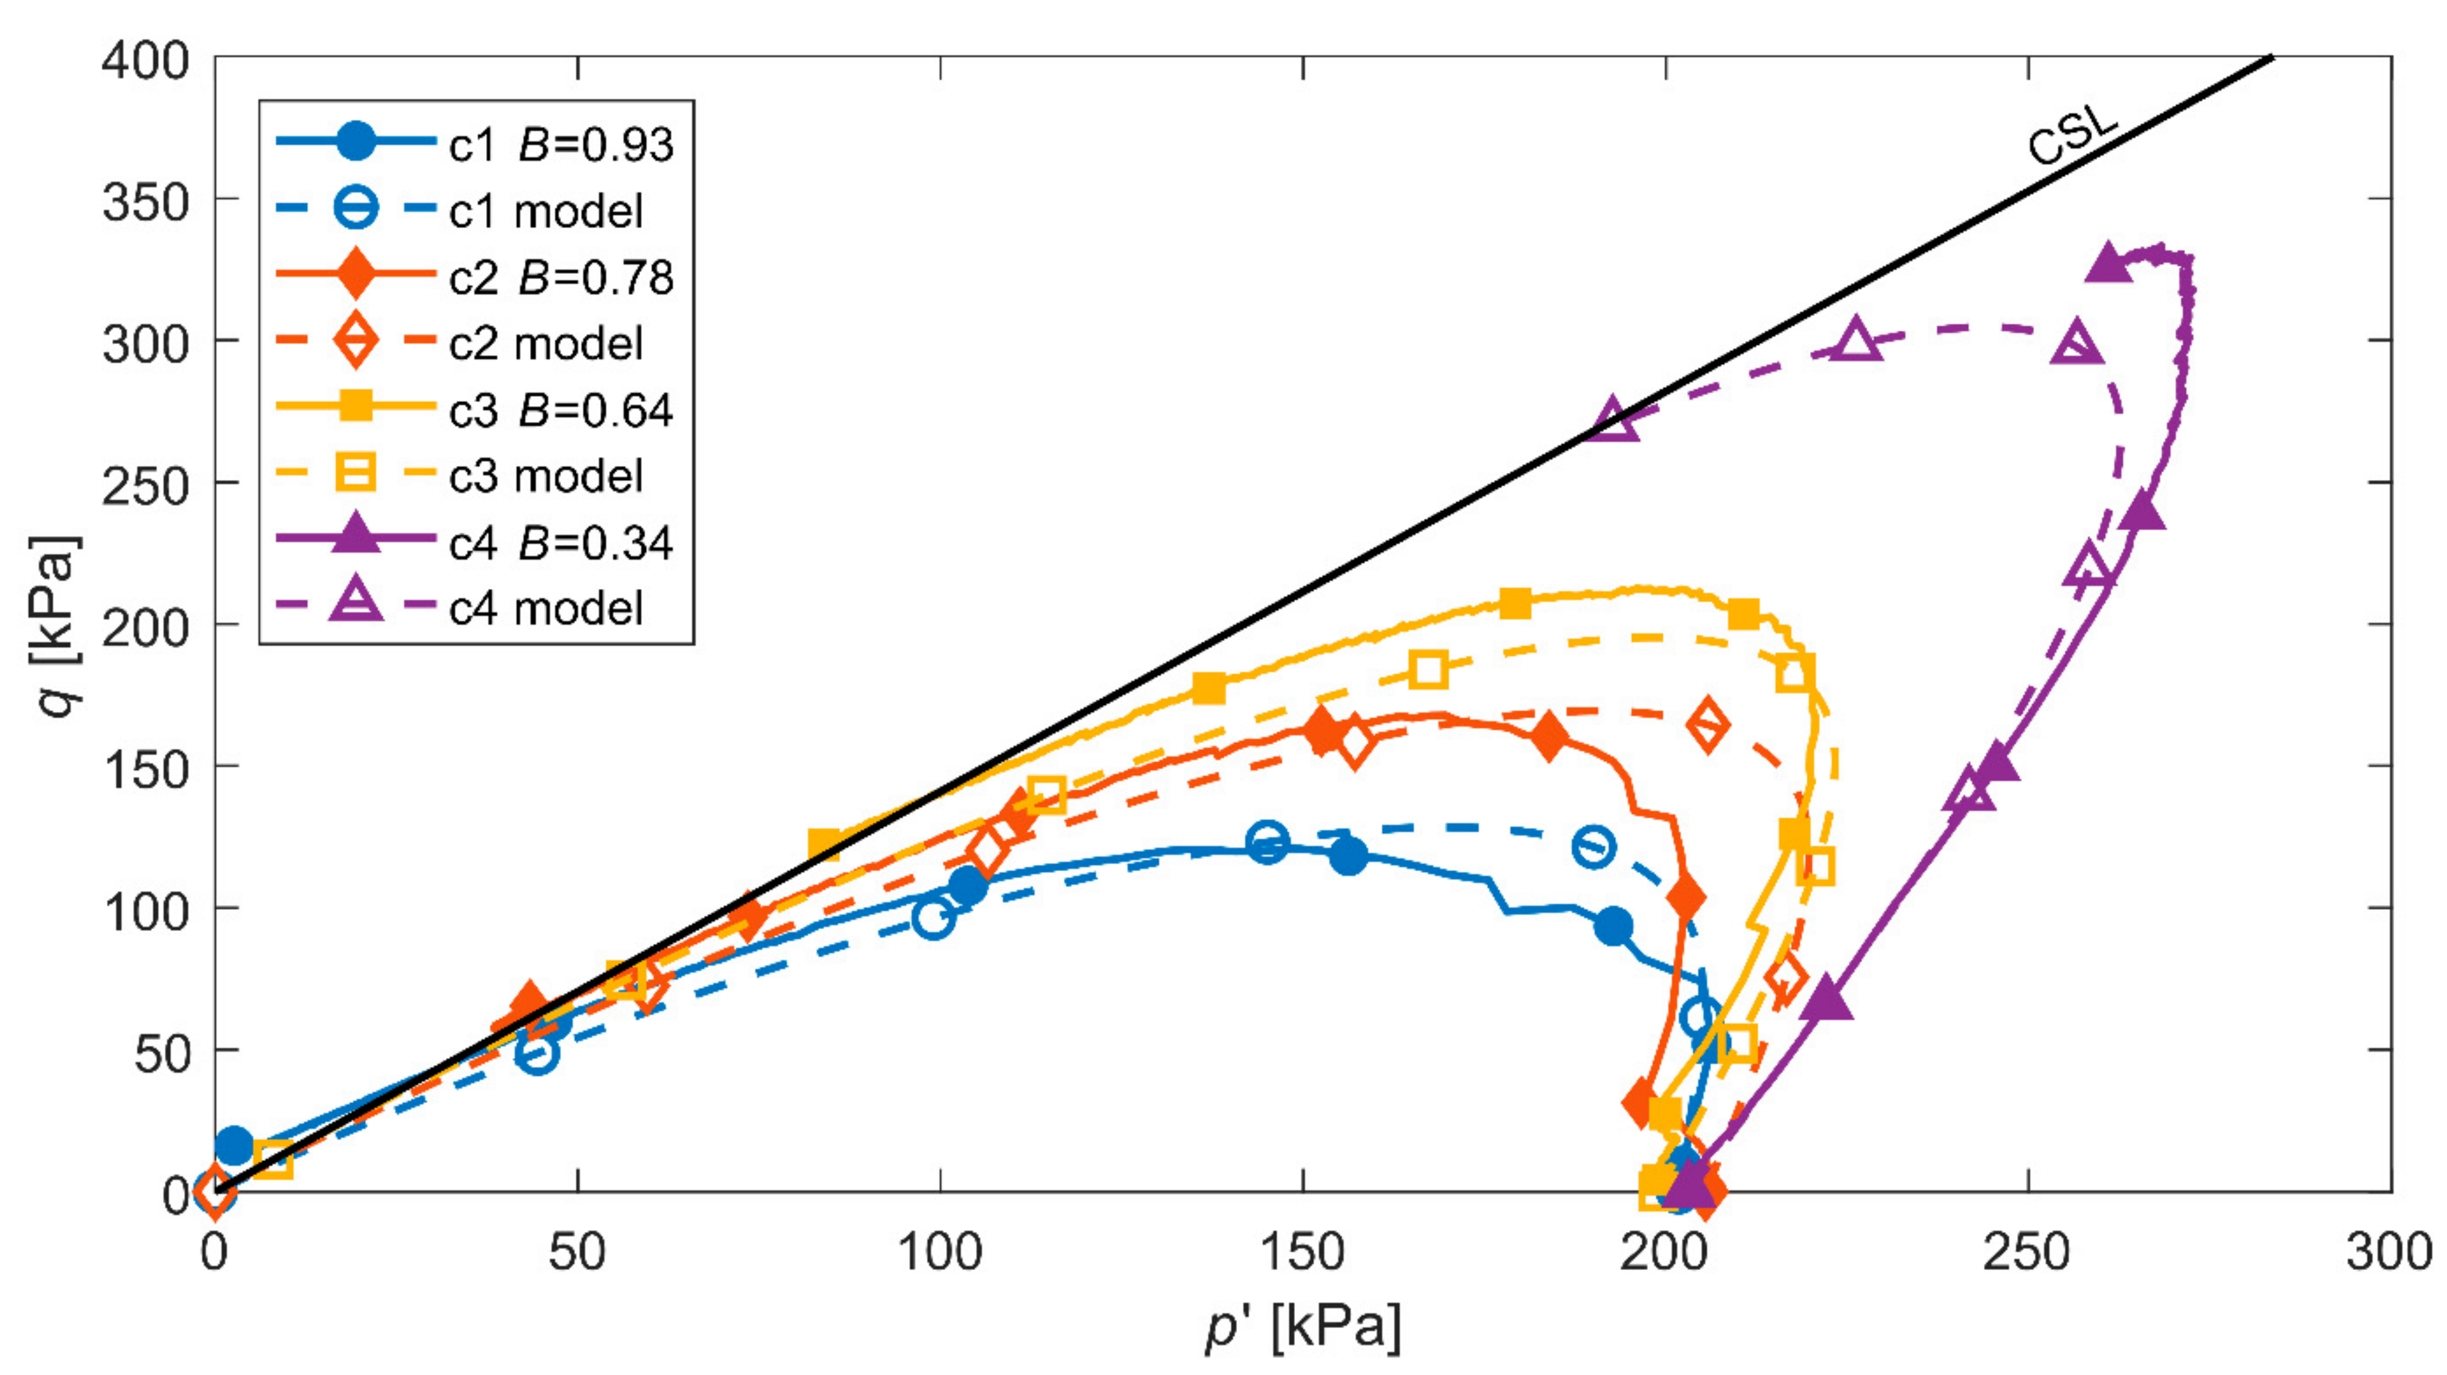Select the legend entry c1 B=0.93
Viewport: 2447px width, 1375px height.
[560, 144]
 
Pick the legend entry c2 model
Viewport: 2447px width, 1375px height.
[545, 343]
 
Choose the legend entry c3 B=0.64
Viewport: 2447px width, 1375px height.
[560, 410]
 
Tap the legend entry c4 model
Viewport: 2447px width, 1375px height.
[545, 608]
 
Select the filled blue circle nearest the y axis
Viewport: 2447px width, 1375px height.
[234, 1145]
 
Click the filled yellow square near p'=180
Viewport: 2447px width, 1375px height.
[1515, 603]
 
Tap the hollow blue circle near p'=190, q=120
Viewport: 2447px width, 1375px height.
[1593, 846]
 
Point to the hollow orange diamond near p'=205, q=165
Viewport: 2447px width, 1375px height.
[1707, 726]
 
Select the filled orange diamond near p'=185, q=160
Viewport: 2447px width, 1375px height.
[1549, 737]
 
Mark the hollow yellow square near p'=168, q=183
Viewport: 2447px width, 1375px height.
[1428, 670]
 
